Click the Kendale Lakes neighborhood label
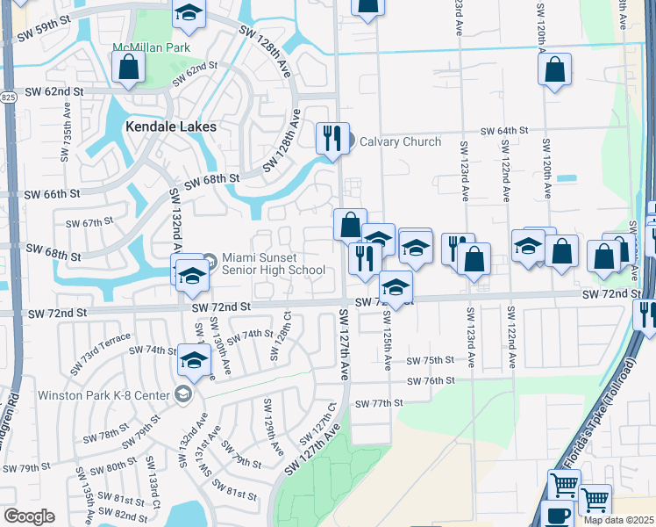pos(170,126)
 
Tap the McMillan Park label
pos(139,47)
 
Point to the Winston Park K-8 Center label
pos(103,393)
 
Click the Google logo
pos(29,516)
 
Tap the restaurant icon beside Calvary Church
pos(332,139)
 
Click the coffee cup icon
pos(560,516)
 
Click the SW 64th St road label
pos(503,130)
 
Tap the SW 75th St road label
pos(431,360)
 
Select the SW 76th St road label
pos(431,380)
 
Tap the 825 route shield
pos(8,96)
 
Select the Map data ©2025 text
pos(619,520)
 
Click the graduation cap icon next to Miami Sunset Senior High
pos(190,275)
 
